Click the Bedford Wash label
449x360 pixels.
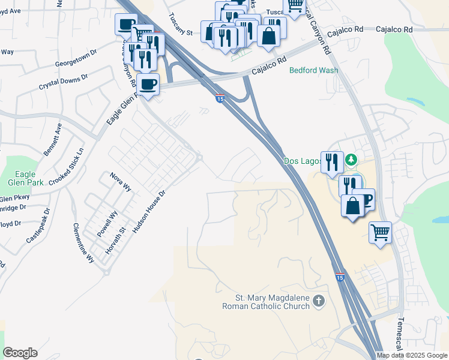(x=313, y=70)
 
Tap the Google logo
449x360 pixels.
(x=20, y=353)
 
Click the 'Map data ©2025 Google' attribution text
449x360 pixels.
(x=412, y=355)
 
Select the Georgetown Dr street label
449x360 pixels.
(x=76, y=59)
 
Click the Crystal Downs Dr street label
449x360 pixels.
(x=64, y=82)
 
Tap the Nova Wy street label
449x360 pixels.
(x=121, y=181)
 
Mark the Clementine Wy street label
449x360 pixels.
(x=83, y=243)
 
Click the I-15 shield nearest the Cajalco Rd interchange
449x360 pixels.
(x=220, y=98)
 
